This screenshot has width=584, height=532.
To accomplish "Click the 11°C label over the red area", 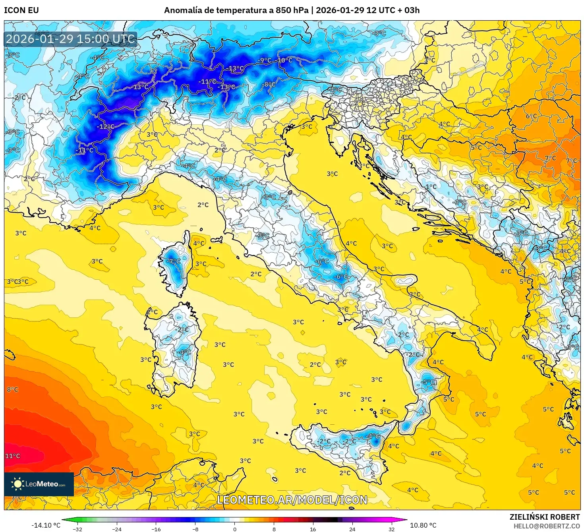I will click(x=12, y=456).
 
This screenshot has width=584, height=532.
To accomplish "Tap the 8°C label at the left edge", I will click(x=12, y=389).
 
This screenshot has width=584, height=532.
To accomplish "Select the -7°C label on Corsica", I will click(x=174, y=261).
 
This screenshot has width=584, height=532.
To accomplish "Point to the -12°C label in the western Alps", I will click(x=105, y=127).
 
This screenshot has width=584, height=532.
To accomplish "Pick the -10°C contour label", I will click(x=284, y=60).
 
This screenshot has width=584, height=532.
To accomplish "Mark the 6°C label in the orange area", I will click(x=531, y=116).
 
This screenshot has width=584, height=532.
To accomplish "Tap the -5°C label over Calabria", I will click(x=428, y=382).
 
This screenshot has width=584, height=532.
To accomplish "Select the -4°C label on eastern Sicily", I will click(x=373, y=436).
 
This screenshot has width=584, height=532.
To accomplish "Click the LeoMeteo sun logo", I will click(x=18, y=484).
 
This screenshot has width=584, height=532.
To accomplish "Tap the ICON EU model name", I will click(x=21, y=10).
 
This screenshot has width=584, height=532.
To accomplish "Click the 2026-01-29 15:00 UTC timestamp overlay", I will click(x=70, y=39).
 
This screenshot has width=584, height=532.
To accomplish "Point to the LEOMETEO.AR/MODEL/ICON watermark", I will click(x=292, y=500).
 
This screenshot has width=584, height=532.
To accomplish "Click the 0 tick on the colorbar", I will click(x=234, y=529).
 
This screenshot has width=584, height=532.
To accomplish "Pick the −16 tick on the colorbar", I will click(x=156, y=529).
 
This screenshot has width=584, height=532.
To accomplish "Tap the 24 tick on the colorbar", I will click(x=352, y=529).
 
